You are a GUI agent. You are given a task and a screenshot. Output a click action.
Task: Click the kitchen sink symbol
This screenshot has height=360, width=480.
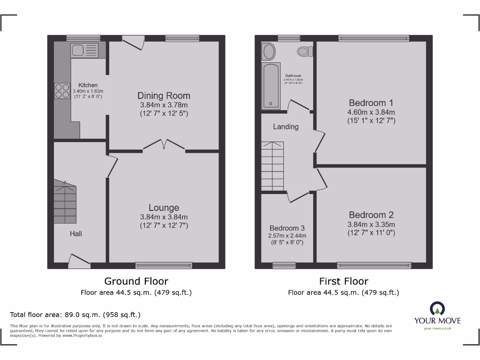(84, 50)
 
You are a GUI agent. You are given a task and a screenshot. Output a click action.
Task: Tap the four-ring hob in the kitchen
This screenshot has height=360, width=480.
(62, 90)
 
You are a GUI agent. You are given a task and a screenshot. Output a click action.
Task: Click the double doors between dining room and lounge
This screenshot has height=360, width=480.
(164, 145)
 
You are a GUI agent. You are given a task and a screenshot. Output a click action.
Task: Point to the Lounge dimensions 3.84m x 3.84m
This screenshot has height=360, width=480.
(164, 217)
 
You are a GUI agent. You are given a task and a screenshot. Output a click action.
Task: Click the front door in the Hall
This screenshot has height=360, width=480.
(79, 261)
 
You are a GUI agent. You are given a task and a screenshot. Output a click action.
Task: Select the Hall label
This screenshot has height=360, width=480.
(76, 233)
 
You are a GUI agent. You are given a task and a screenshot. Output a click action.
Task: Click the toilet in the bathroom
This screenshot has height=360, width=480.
(304, 51)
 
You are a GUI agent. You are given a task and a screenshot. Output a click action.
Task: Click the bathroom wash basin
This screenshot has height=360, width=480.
(269, 51)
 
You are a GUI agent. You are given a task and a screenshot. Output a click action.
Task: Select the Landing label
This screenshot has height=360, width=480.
(285, 127)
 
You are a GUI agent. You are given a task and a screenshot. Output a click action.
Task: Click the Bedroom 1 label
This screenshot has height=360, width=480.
(371, 103)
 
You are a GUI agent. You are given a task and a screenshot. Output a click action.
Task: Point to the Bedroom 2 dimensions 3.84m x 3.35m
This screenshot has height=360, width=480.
(371, 224)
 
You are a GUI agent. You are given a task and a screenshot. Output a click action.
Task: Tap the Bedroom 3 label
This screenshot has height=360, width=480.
(286, 228)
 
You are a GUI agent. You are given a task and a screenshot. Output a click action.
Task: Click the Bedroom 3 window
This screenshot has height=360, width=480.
(284, 266)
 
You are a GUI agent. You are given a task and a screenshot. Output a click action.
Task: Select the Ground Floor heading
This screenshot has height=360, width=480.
(136, 281)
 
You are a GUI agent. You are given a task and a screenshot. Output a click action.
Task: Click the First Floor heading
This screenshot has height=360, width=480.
(344, 281)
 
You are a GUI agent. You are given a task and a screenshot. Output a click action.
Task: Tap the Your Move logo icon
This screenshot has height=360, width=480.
(437, 308)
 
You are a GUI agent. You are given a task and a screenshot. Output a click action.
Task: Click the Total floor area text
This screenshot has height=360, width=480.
(75, 315)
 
